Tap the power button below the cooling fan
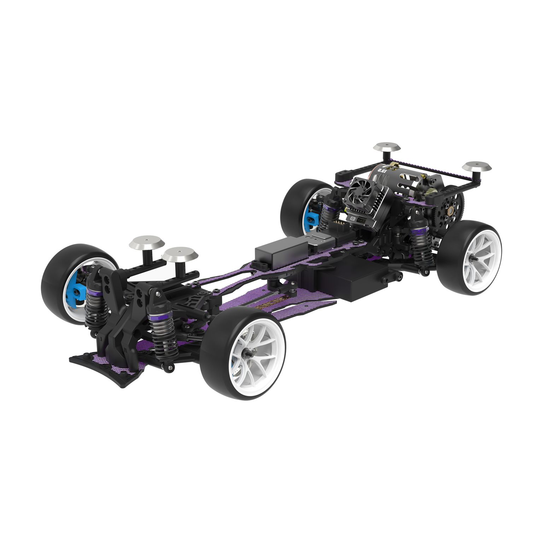[x=353, y=219]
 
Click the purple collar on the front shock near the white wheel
[x=159, y=308]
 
